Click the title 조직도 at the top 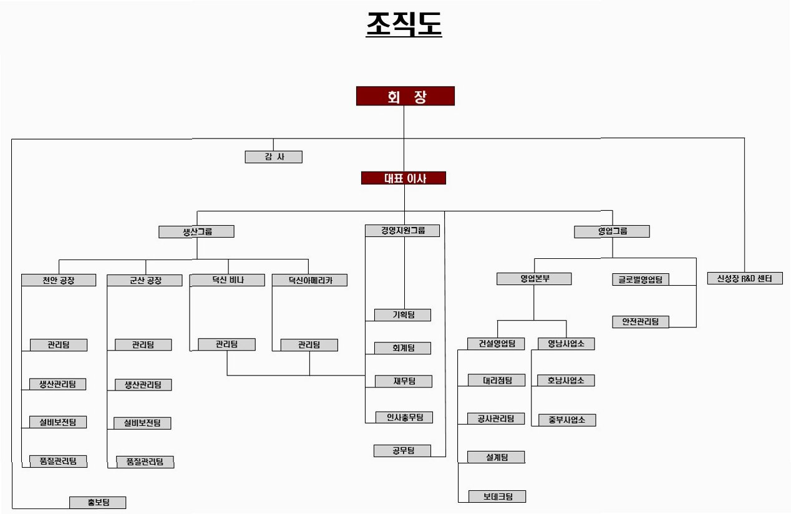(404, 25)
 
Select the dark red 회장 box (405, 96)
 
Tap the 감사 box (273, 157)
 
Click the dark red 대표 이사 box (404, 178)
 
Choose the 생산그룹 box (196, 231)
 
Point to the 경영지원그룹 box (402, 231)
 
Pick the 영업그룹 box (611, 231)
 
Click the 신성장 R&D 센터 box (744, 279)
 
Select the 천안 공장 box (59, 280)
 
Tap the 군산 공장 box (144, 280)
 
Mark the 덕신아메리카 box (309, 280)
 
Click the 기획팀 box (402, 315)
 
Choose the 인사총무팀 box (404, 417)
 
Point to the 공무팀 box (402, 450)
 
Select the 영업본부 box (534, 279)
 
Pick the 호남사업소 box (566, 381)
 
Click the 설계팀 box (496, 457)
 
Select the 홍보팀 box (98, 502)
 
